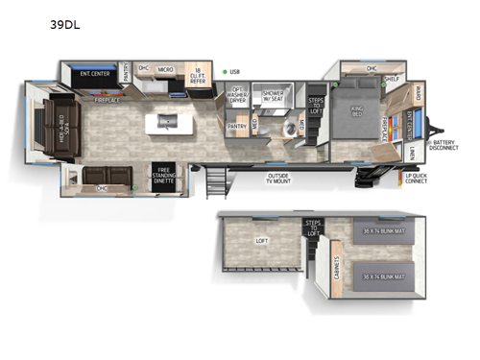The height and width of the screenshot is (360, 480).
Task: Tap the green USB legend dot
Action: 225,70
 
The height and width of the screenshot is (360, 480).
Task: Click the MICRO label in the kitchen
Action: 165,69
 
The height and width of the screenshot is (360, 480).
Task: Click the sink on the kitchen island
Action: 166,121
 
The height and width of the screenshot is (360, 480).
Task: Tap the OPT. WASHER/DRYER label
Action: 238,93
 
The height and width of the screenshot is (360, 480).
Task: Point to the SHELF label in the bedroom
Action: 392,80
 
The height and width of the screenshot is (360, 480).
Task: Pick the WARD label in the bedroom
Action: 419,94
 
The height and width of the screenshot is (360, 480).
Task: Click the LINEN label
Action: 412,154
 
